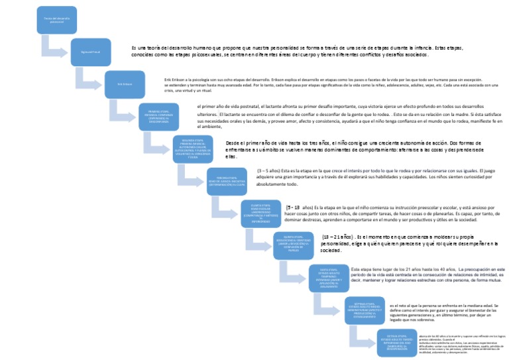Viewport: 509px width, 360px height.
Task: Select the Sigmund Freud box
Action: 91,52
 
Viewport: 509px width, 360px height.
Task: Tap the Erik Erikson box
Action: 125,84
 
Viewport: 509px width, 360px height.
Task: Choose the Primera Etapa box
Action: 158,117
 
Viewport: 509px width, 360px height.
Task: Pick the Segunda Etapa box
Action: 192,149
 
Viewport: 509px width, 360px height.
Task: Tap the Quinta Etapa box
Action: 294,245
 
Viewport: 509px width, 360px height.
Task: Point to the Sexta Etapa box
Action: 329,278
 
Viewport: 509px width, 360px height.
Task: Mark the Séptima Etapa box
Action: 363,310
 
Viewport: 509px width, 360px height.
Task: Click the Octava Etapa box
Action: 396,342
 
